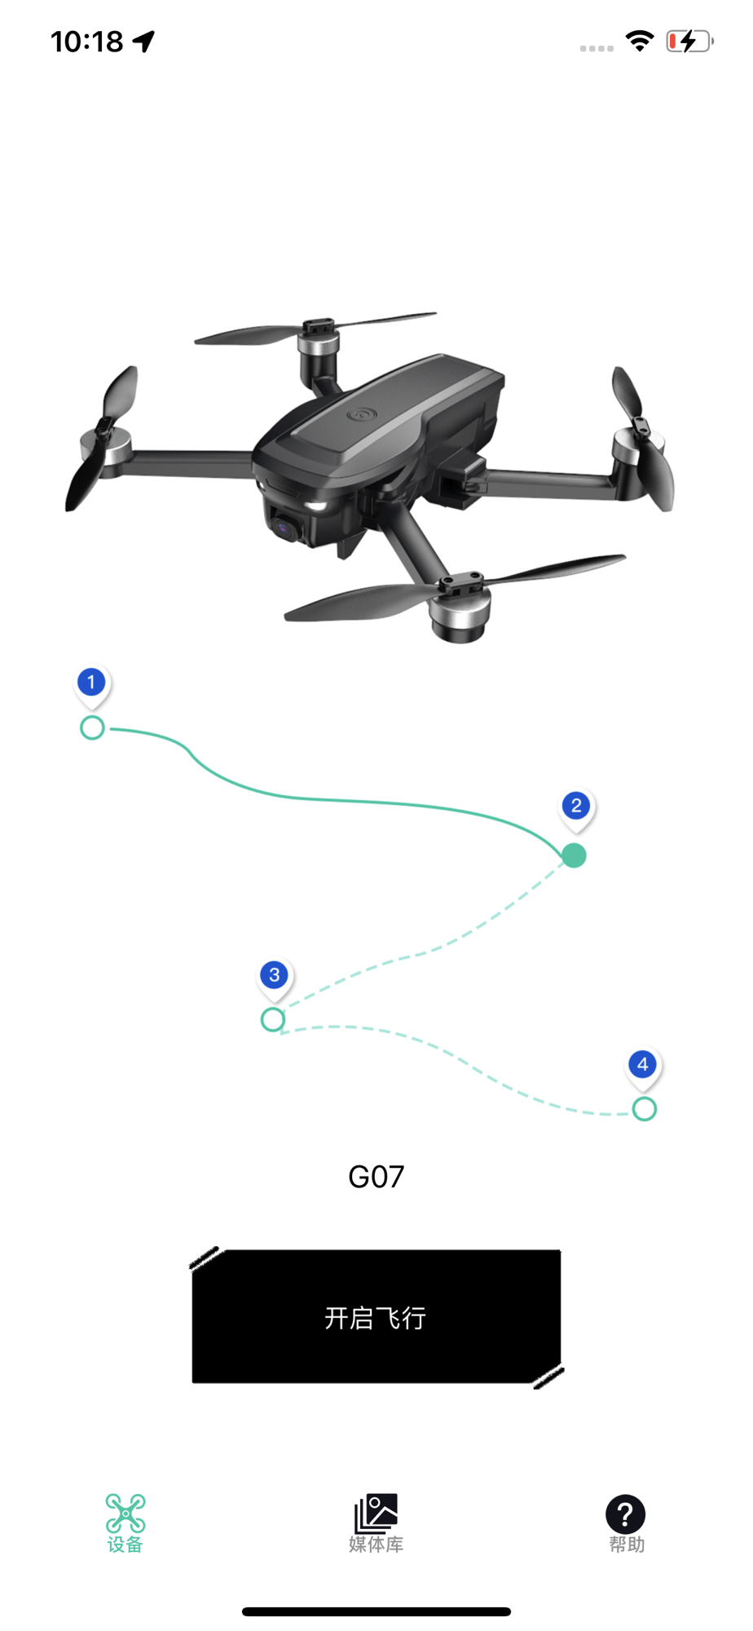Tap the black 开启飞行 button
pos(376,1317)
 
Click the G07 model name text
pos(376,1177)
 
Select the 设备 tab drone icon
pos(125,1514)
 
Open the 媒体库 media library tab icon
pos(376,1514)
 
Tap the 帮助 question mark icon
pos(626,1514)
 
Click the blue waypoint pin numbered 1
pos(91,683)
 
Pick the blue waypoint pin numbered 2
pos(576,807)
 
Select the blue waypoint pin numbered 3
pos(275,976)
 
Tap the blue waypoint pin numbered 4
pos(643,1065)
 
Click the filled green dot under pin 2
pos(574,855)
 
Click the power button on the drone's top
pos(359,414)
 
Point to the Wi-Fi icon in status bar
pos(640,41)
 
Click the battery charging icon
pos(689,41)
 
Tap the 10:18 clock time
pos(87,41)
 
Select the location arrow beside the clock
pos(144,41)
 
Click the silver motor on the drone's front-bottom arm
pos(460,617)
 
